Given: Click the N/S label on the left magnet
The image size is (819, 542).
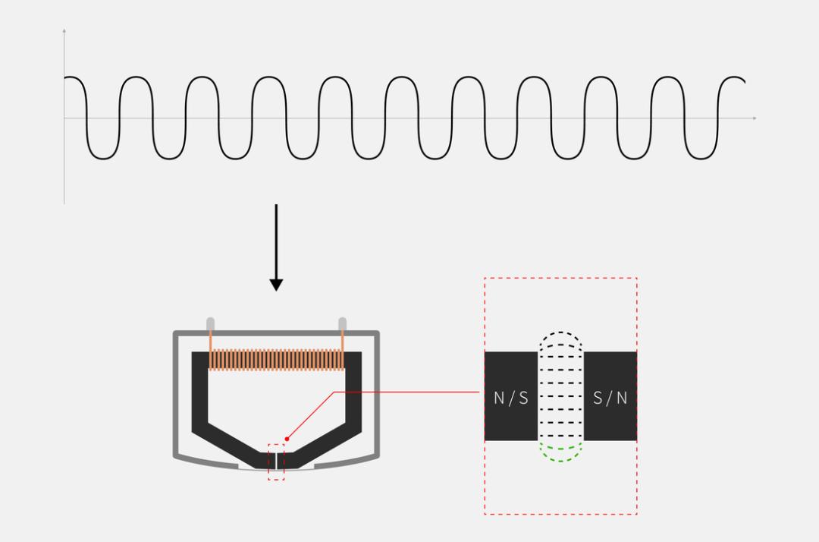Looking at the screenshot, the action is click(x=511, y=399).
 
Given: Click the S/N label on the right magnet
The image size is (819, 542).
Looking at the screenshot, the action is click(x=610, y=399).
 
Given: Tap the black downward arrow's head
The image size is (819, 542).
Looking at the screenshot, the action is click(x=276, y=285).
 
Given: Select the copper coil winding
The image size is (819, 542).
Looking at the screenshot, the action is click(x=276, y=360).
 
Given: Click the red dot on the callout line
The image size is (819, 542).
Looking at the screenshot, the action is click(x=287, y=439).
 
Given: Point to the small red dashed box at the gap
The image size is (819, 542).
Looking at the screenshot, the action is click(x=276, y=462).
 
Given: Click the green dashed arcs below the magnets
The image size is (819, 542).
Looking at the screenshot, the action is click(x=560, y=452).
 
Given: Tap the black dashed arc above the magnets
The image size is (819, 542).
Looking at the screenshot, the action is click(x=560, y=340).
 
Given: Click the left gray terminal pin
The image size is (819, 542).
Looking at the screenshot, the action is click(x=211, y=324).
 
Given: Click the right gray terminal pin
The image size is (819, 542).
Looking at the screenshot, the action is click(x=343, y=324).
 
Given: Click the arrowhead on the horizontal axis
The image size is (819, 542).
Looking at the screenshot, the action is click(x=755, y=118).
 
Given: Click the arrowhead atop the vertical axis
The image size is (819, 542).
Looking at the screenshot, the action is click(x=64, y=31).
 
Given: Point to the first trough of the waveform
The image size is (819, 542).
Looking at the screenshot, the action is click(x=102, y=158).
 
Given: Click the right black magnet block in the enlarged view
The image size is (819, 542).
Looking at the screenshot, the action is click(x=610, y=396).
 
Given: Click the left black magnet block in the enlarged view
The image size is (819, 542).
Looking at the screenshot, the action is click(x=511, y=396).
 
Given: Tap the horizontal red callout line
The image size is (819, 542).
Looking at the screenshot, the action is click(x=406, y=392).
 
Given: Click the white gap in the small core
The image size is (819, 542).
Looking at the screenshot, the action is click(x=276, y=461).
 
